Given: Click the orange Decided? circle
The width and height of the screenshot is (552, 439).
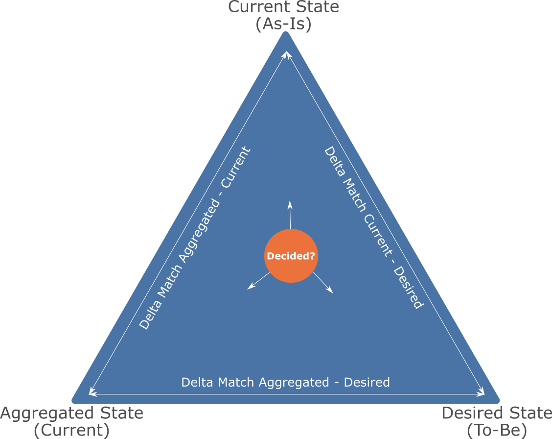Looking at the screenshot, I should (291, 256).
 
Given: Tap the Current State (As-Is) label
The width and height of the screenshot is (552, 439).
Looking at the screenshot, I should (284, 16).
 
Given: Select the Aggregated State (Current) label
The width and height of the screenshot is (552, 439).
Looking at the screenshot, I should (72, 421).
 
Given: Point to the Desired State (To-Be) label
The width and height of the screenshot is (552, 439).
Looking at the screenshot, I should (496, 421).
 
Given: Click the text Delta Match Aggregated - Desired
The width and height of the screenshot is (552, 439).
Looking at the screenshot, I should (285, 382).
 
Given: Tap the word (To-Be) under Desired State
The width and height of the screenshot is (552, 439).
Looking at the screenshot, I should (496, 431).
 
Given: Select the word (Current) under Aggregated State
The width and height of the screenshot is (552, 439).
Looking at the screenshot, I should (72, 431).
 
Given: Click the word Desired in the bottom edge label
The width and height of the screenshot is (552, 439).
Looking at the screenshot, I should (367, 382).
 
